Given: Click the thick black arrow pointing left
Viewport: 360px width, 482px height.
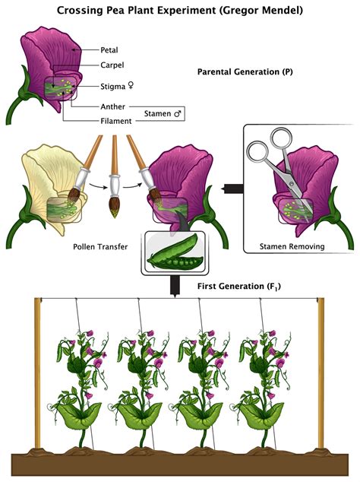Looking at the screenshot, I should [x=227, y=186].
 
